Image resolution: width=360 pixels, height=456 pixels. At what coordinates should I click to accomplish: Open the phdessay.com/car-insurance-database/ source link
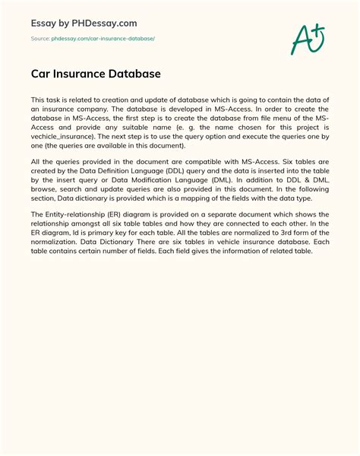coord(103,37)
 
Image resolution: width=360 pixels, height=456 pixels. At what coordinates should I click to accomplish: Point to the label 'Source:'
coord(40,37)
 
